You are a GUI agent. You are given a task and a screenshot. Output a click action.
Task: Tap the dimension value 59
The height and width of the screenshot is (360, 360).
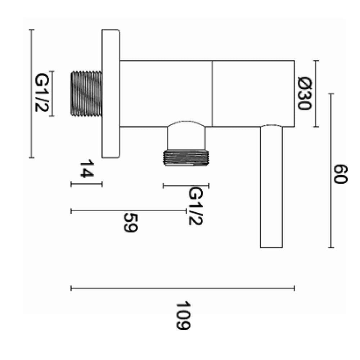[x=130, y=223]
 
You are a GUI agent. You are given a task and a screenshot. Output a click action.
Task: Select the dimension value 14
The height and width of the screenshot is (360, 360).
[x=86, y=168]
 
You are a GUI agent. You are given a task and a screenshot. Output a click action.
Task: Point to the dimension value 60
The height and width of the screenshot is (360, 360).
[x=341, y=174]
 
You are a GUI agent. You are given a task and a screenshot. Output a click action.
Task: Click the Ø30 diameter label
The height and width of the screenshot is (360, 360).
[x=305, y=94]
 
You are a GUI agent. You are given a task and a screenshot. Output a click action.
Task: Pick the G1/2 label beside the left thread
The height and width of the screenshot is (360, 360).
[x=42, y=92]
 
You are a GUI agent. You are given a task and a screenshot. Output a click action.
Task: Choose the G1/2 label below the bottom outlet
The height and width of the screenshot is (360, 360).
[x=195, y=206]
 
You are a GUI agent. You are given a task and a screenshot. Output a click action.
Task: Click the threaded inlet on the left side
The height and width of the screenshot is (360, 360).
[x=86, y=93]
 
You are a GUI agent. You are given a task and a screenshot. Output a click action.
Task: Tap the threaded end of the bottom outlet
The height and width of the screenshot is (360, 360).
[x=186, y=158]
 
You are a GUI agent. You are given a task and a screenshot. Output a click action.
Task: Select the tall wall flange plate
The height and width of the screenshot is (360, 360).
[x=111, y=94]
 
